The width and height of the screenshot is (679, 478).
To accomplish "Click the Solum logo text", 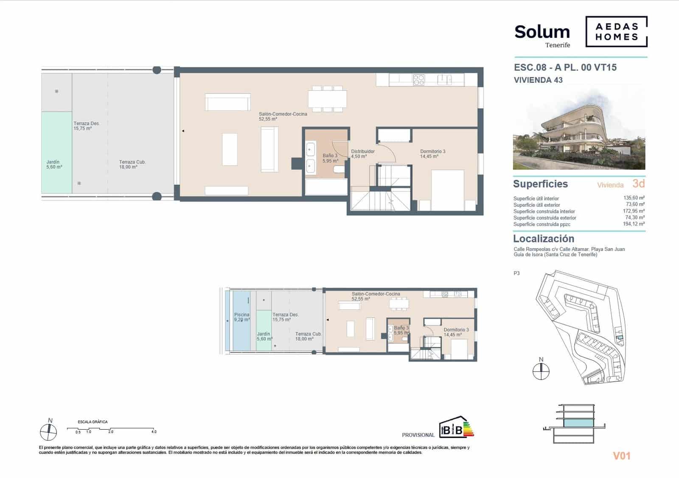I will [542, 32].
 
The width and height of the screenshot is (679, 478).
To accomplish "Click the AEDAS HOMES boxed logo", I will [616, 32].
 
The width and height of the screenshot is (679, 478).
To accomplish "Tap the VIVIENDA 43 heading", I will [538, 80].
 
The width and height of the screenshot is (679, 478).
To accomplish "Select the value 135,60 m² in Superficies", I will [634, 198].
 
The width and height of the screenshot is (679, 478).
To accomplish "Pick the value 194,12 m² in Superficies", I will [634, 224].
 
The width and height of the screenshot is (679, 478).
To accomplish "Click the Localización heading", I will [543, 239].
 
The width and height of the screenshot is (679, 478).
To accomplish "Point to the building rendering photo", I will [579, 129].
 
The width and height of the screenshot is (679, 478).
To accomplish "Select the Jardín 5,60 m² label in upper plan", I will [53, 164].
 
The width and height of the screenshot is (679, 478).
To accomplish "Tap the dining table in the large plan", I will [327, 99].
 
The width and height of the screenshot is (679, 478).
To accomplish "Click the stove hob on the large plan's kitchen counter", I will [418, 80].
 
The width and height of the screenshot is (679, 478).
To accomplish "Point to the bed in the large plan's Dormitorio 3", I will [447, 189].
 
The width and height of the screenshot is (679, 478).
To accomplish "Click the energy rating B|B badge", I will [455, 427].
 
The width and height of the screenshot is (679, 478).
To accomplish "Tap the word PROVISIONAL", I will [418, 435].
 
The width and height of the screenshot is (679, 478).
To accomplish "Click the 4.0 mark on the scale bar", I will [154, 432].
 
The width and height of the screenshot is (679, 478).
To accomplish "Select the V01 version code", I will [621, 456].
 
